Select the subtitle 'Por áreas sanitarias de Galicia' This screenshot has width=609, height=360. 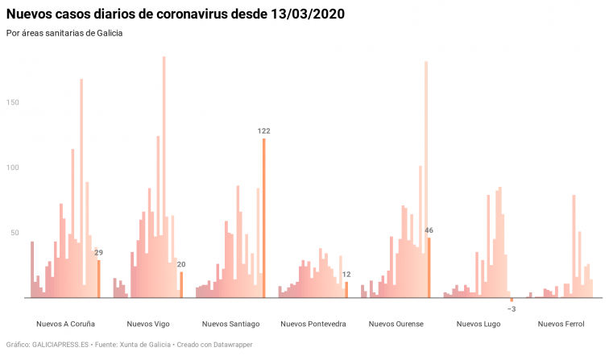pyautogui.click(x=64, y=33)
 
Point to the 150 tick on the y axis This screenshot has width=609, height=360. pyautogui.click(x=13, y=102)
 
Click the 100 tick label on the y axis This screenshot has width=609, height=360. pyautogui.click(x=13, y=168)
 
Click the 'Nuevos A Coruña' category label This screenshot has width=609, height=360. pyautogui.click(x=65, y=324)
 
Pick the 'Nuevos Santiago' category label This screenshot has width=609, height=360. pyautogui.click(x=230, y=324)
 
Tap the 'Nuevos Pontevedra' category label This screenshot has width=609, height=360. pyautogui.click(x=313, y=324)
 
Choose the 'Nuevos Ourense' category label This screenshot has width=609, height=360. pyautogui.click(x=396, y=324)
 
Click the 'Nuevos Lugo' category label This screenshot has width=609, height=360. pyautogui.click(x=478, y=324)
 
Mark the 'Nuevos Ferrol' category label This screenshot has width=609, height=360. pyautogui.click(x=561, y=324)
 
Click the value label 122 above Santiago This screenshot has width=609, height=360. pyautogui.click(x=263, y=130)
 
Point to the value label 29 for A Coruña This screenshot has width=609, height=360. pyautogui.click(x=98, y=252)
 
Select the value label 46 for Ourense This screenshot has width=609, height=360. pyautogui.click(x=429, y=230)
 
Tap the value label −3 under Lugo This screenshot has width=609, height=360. pyautogui.click(x=512, y=309)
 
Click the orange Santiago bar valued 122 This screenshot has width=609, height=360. pyautogui.click(x=263, y=217)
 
